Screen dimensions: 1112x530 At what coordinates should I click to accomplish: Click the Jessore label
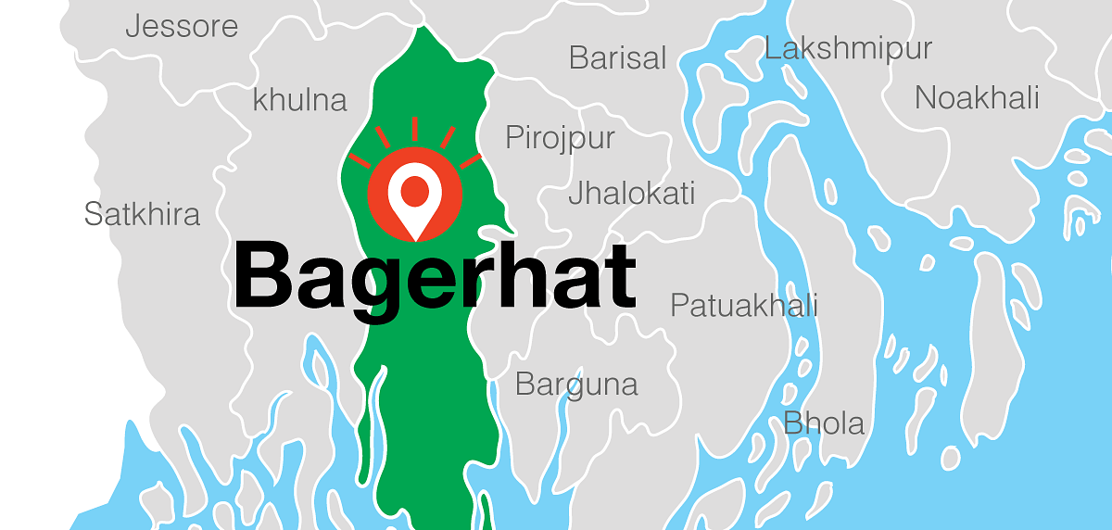(x=182, y=26)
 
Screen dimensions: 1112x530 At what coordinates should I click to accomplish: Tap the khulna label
(x=299, y=100)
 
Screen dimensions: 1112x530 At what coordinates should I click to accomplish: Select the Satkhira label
(x=142, y=215)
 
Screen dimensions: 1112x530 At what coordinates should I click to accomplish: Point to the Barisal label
(x=617, y=58)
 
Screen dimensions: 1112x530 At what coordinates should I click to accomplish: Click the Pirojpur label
(x=560, y=139)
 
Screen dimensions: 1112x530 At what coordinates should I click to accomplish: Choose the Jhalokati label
(x=631, y=194)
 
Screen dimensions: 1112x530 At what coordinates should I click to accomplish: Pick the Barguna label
(x=576, y=384)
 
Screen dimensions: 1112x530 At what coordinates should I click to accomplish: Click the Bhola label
(x=824, y=423)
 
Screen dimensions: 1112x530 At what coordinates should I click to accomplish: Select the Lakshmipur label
(x=848, y=48)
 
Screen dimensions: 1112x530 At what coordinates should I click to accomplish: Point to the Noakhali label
(x=977, y=97)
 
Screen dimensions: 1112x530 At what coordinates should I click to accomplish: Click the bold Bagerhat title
(x=435, y=275)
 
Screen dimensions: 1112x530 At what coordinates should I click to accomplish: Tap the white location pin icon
(x=413, y=197)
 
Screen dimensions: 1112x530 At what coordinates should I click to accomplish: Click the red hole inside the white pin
(x=413, y=190)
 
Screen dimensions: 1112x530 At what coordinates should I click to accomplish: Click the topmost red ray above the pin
(x=414, y=129)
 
